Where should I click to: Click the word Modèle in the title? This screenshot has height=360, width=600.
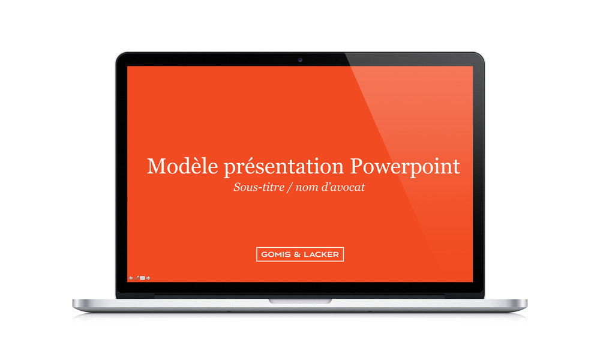click(x=182, y=166)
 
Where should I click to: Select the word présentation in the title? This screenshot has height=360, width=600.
click(x=284, y=167)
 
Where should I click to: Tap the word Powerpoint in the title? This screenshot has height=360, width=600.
click(x=405, y=167)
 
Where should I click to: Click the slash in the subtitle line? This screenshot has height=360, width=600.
click(x=290, y=187)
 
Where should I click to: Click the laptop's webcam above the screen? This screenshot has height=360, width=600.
click(x=300, y=59)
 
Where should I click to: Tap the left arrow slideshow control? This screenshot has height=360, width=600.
click(x=131, y=278)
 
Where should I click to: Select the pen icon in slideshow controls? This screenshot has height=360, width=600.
click(x=137, y=278)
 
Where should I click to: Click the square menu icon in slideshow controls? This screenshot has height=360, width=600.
click(x=142, y=278)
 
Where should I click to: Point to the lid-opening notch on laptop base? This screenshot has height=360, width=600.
click(x=300, y=301)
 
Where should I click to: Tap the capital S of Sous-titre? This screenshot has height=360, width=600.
click(x=238, y=187)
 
